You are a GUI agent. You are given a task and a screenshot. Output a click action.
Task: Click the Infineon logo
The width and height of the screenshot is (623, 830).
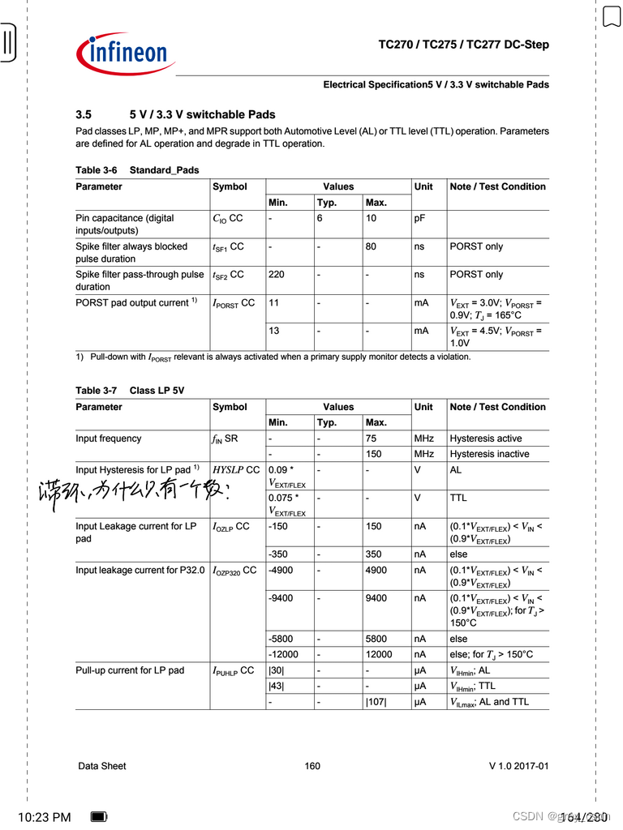(x=125, y=53)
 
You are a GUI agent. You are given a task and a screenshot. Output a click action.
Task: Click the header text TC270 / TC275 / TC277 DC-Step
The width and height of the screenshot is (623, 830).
(x=463, y=45)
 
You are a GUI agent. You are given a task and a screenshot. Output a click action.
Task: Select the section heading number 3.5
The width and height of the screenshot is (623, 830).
(x=84, y=115)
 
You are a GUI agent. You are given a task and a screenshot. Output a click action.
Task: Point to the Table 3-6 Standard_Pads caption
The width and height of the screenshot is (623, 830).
(x=137, y=170)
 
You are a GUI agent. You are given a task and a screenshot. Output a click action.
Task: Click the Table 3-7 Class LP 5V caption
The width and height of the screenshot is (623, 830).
(x=130, y=391)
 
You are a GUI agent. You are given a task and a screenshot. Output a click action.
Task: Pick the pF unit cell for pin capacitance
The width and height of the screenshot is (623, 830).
(x=420, y=218)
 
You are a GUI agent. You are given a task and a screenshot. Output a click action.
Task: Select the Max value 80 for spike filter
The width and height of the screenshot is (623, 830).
(x=371, y=246)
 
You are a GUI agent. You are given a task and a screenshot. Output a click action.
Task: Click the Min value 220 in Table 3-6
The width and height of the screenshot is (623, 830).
(x=276, y=275)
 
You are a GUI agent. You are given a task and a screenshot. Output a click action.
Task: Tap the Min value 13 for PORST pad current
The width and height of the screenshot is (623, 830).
(x=273, y=331)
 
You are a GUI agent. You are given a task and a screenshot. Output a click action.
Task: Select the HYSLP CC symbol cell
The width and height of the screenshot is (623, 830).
(x=236, y=470)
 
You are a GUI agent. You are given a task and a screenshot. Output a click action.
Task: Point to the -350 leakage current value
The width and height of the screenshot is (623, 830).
(x=279, y=554)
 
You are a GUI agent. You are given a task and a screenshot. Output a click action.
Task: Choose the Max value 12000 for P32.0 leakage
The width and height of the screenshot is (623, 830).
(x=379, y=655)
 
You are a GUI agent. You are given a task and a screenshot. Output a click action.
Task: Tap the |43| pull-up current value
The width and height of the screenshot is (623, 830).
(x=277, y=687)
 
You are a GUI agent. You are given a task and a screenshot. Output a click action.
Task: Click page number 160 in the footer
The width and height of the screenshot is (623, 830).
(x=312, y=766)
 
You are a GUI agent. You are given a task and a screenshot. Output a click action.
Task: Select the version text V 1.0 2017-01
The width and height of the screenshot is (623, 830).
(x=518, y=766)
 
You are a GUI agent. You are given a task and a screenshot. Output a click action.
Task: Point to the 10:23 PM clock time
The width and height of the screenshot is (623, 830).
(x=44, y=817)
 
